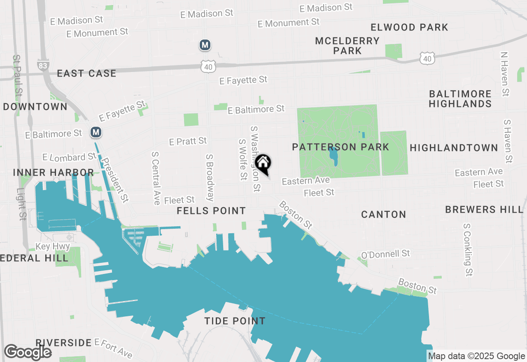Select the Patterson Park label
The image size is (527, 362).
(x=340, y=147)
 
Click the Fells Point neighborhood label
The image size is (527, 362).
(x=211, y=211)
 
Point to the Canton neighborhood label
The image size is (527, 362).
(x=383, y=214)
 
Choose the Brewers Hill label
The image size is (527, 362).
(x=484, y=209)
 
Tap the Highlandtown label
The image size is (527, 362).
(x=454, y=148)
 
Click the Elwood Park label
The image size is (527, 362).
(x=409, y=28)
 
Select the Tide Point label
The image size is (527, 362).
(x=235, y=321)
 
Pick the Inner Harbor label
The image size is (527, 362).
(x=54, y=172)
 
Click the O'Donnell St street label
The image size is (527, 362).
(x=385, y=254)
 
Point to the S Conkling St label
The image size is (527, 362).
(x=468, y=250)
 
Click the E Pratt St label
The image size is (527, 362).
(x=188, y=142)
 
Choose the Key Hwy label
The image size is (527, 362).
(x=53, y=246)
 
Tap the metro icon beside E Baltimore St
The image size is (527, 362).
(x=96, y=132)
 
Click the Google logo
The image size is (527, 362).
(x=28, y=352)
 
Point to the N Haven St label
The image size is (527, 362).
(x=505, y=74)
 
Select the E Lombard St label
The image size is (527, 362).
(x=69, y=157)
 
